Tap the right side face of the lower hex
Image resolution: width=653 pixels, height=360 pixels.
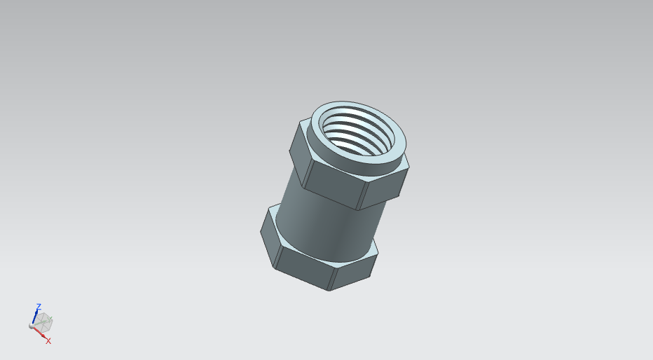coord(354,272)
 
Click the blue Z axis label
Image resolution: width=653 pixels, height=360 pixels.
coord(39,306)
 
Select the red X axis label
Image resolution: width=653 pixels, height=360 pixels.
coord(48,341)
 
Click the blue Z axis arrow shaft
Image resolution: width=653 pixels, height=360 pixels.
coord(35,317)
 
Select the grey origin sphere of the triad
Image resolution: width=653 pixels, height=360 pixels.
coord(32,326)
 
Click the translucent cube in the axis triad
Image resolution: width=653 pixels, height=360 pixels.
coord(43,322)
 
